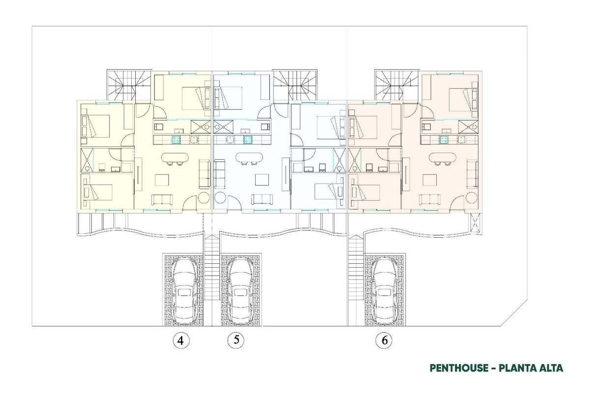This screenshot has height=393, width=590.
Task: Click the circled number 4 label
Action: [181, 340]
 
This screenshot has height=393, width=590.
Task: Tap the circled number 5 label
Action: [236, 340]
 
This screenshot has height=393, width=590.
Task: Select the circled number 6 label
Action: [383, 340]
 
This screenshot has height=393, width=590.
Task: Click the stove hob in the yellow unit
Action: [176, 140]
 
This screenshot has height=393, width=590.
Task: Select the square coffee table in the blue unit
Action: [262, 180]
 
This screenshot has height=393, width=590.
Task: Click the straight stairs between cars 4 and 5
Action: [212, 268]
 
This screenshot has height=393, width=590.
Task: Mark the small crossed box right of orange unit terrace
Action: [474, 224]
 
